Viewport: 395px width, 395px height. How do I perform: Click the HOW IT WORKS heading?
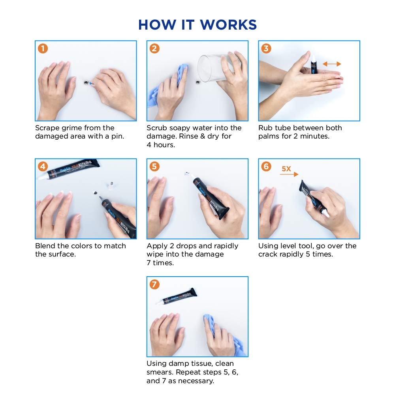pyautogui.click(x=197, y=24)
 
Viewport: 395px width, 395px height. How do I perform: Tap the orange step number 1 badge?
pyautogui.click(x=43, y=49)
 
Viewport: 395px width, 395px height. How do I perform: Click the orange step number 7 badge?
pyautogui.click(x=154, y=285)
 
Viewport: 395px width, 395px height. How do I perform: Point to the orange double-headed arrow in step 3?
pyautogui.click(x=332, y=64)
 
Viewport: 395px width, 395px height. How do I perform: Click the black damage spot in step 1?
pyautogui.click(x=86, y=82)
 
